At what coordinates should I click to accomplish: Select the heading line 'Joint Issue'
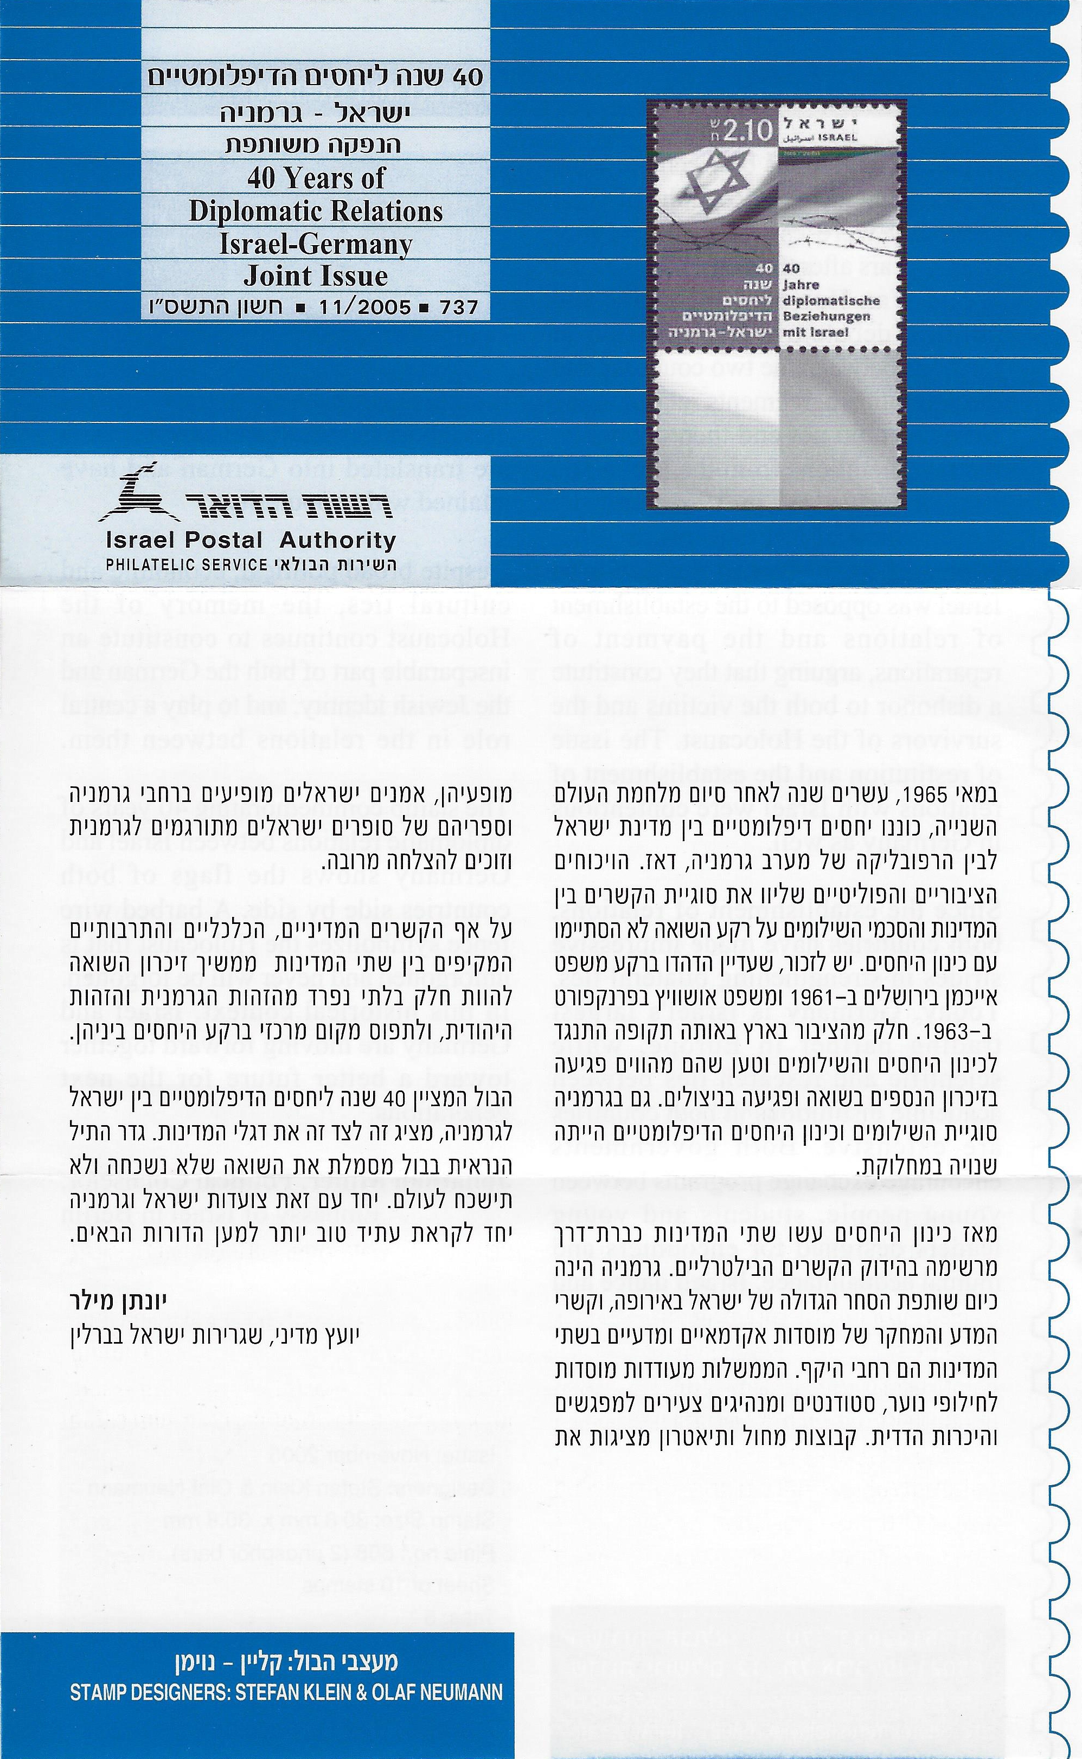pos(316,276)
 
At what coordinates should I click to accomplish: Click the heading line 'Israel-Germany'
pos(316,244)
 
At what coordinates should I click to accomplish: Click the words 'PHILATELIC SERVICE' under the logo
pos(187,564)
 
